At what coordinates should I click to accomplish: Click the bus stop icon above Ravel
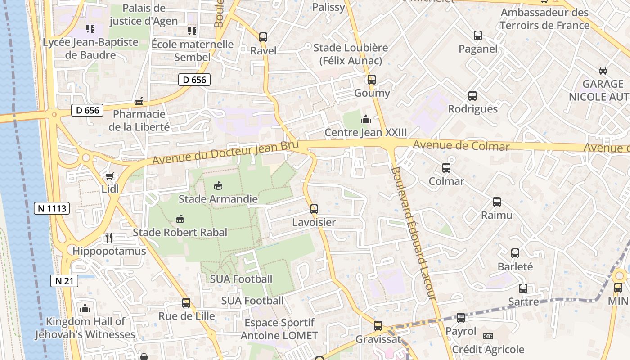pyautogui.click(x=263, y=37)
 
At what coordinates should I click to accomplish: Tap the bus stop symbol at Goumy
pyautogui.click(x=371, y=80)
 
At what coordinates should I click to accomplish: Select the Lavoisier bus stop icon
pyautogui.click(x=314, y=209)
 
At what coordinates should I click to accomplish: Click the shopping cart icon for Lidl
pyautogui.click(x=109, y=176)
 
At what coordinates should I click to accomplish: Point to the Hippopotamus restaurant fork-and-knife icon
pyautogui.click(x=108, y=237)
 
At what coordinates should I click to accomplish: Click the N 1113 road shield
pyautogui.click(x=52, y=208)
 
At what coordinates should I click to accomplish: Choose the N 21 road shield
pyautogui.click(x=64, y=281)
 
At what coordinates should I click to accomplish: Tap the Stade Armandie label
pyautogui.click(x=218, y=199)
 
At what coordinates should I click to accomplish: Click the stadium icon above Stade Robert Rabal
pyautogui.click(x=180, y=219)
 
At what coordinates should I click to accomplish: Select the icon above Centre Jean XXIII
pyautogui.click(x=365, y=120)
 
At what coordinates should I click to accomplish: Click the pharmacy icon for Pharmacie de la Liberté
pyautogui.click(x=139, y=102)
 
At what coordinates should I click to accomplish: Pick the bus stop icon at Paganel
pyautogui.click(x=477, y=36)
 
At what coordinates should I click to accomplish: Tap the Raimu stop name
pyautogui.click(x=497, y=215)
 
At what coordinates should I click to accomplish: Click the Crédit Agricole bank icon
pyautogui.click(x=488, y=336)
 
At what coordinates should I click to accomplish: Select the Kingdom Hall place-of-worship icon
pyautogui.click(x=85, y=308)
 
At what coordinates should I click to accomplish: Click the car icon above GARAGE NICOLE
pyautogui.click(x=603, y=71)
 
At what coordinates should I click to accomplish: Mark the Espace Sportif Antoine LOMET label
pyautogui.click(x=279, y=329)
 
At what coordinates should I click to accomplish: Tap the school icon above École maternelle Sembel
pyautogui.click(x=192, y=31)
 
